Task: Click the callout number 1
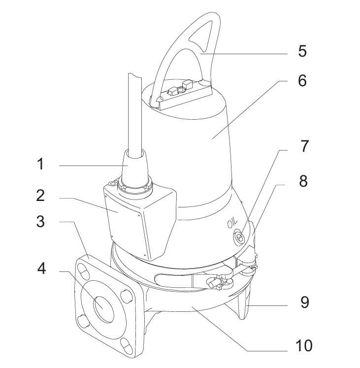(40, 164)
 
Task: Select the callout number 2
(40, 195)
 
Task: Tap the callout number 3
(40, 221)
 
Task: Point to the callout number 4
(41, 268)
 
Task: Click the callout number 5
(302, 51)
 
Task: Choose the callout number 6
(302, 80)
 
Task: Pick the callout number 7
(304, 146)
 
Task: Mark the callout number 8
(303, 181)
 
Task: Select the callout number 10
(304, 345)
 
